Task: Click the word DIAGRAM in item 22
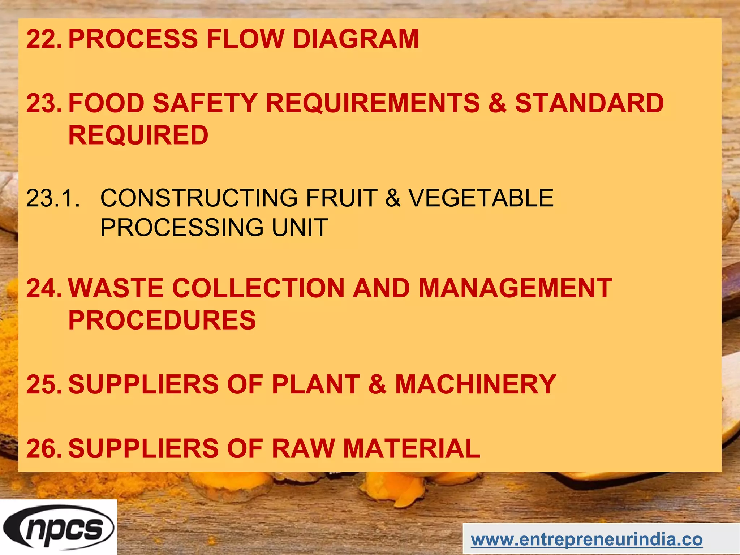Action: point(356,39)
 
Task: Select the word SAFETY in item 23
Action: point(205,103)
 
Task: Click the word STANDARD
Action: point(589,103)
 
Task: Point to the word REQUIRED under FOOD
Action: point(138,135)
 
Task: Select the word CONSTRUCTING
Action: point(199,198)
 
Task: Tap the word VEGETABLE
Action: point(481,198)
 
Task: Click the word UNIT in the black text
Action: point(300,228)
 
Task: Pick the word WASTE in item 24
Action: point(116,288)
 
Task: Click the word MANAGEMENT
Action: point(515,288)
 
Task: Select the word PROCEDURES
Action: point(162,320)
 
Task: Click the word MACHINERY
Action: point(476,384)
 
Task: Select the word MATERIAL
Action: point(412,448)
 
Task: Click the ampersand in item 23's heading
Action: point(498,103)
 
